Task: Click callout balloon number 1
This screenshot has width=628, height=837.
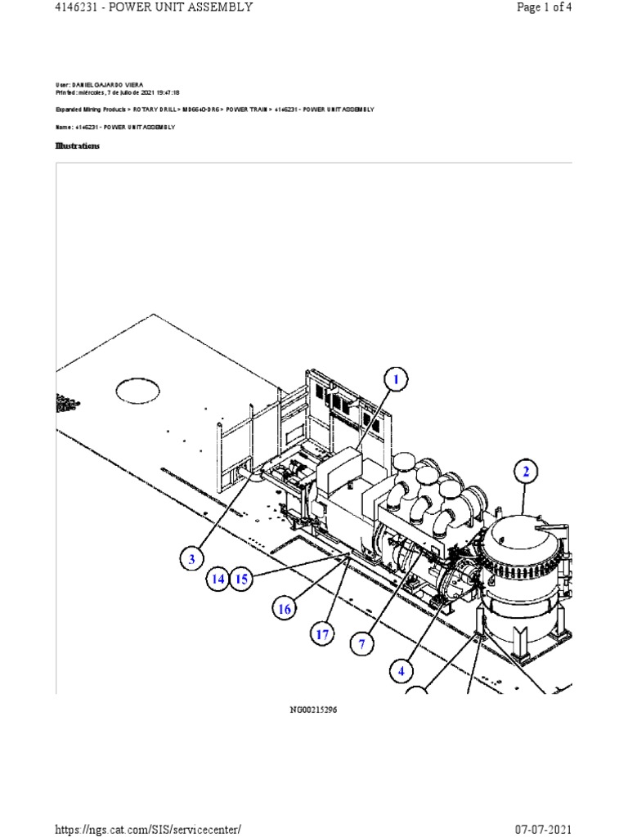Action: coord(396,380)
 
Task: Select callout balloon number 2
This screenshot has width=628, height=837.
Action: coord(527,472)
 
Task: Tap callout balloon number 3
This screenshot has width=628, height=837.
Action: coord(191,560)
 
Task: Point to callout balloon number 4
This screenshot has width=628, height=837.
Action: coord(401,672)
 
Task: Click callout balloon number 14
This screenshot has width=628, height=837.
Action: coord(218,580)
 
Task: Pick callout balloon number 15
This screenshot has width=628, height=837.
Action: coord(240,580)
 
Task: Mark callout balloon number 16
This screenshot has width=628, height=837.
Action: coord(284,608)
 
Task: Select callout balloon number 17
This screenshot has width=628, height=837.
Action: coord(323,634)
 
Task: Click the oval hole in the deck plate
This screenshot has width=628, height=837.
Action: coord(138,392)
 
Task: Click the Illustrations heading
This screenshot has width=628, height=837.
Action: coord(78,145)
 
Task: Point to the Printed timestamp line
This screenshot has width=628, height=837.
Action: coord(118,93)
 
